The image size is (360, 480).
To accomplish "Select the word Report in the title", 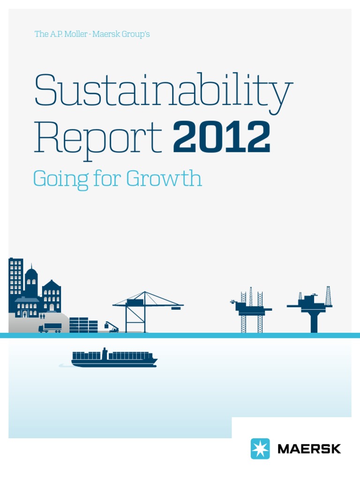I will pyautogui.click(x=97, y=137).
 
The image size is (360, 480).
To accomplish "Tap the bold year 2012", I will pyautogui.click(x=222, y=137).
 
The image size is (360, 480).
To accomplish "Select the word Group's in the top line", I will pyautogui.click(x=134, y=34).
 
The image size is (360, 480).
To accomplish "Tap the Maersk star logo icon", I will pyautogui.click(x=260, y=449).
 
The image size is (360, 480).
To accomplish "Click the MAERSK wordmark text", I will pyautogui.click(x=309, y=449).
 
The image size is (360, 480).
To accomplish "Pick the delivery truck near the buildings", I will pyautogui.click(x=50, y=327).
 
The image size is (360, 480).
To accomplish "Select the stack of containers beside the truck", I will pyautogui.click(x=83, y=325).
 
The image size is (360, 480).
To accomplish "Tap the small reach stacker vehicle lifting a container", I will pyautogui.click(x=112, y=327).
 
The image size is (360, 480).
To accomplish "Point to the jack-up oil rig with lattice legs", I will pyautogui.click(x=251, y=309).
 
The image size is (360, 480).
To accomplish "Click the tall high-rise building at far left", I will pyautogui.click(x=15, y=281).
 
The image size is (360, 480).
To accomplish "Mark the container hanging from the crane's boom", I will pyautogui.click(x=176, y=308).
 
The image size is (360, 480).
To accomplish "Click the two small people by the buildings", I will pyautogui.click(x=42, y=316).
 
